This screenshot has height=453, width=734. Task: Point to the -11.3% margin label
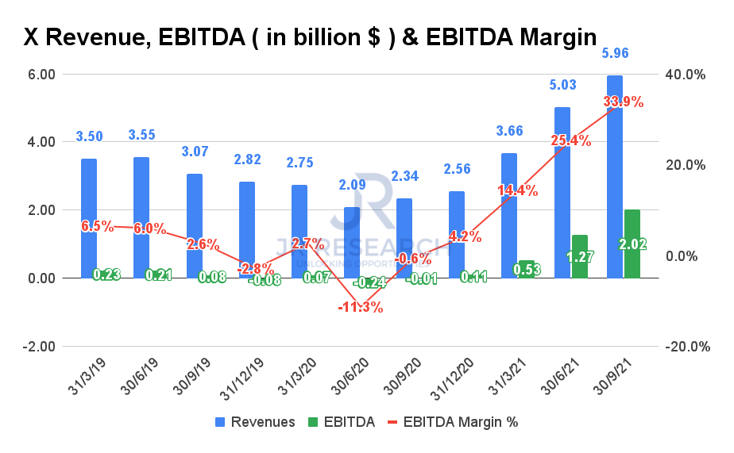tap(361, 307)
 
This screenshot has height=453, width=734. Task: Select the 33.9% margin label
tap(624, 102)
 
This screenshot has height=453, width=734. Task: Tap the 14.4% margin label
tap(518, 190)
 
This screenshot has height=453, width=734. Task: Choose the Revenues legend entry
tap(253, 422)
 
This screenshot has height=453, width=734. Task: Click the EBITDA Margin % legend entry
tap(454, 422)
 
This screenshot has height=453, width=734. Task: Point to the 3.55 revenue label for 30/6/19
tap(142, 136)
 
